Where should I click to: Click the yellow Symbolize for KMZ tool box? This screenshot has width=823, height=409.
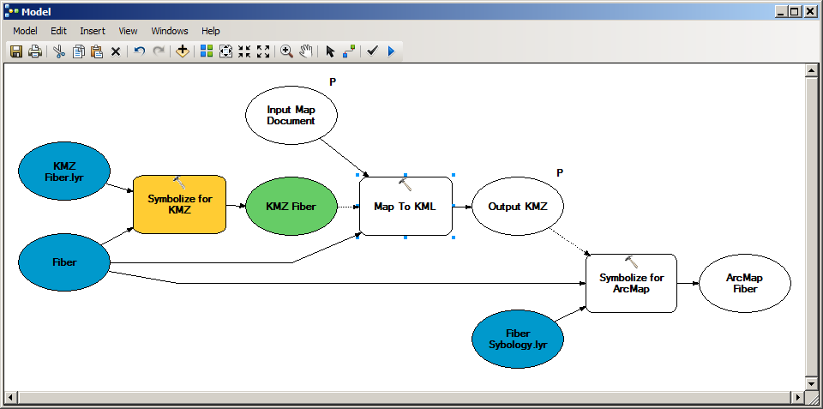point(179,205)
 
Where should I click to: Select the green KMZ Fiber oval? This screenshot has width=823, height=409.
point(291,207)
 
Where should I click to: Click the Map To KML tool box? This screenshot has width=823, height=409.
point(405,207)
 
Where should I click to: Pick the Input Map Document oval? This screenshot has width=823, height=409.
point(291,115)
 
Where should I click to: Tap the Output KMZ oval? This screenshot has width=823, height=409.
point(518,207)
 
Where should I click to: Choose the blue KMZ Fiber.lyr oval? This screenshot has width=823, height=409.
point(64,171)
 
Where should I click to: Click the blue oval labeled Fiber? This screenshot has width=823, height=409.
point(64,262)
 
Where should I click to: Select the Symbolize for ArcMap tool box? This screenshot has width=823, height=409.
point(632,284)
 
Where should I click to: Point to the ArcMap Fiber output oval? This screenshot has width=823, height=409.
point(745,284)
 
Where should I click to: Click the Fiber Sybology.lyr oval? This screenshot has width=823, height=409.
point(518,340)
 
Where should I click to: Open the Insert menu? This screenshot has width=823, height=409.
point(93,31)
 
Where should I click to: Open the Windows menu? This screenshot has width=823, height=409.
point(170,31)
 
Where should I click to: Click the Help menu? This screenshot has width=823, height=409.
point(211,31)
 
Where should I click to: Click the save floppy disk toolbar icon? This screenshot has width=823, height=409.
point(16,51)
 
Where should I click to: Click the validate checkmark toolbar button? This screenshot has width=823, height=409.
point(372,51)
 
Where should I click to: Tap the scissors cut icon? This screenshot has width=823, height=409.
point(59,51)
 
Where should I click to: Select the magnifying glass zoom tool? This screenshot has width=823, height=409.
point(286,51)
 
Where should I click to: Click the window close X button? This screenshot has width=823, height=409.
point(809,11)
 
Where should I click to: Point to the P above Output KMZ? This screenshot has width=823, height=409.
point(560,172)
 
